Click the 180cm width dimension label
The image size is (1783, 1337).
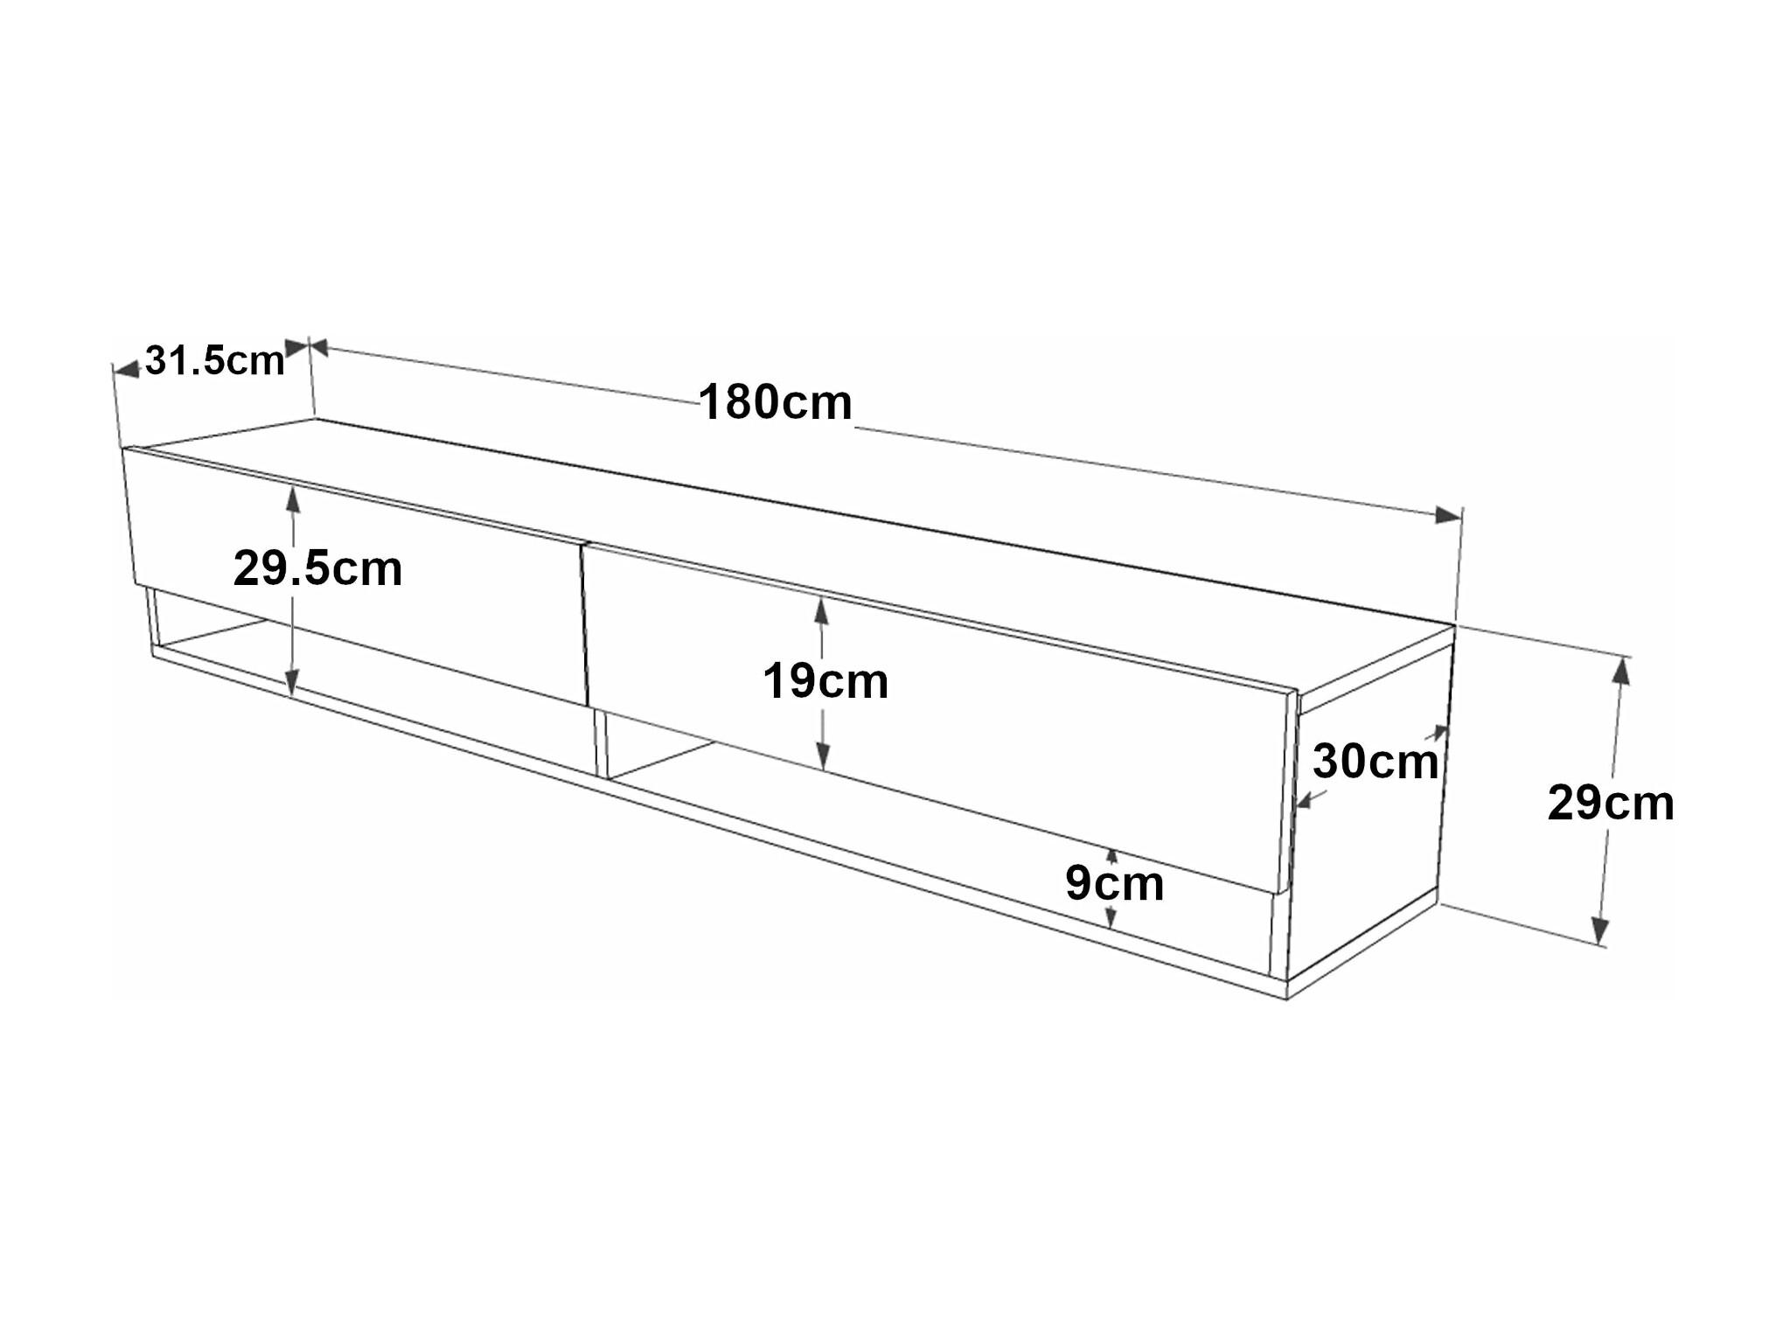click(x=775, y=402)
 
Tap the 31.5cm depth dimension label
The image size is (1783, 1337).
click(x=215, y=360)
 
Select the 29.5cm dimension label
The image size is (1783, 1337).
click(x=317, y=568)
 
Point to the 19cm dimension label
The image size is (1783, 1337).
click(x=825, y=681)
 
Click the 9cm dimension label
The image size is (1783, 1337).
click(x=1114, y=883)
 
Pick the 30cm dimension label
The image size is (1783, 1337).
click(x=1376, y=762)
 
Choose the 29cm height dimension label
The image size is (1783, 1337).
click(x=1611, y=803)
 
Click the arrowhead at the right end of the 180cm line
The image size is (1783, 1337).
click(x=1448, y=515)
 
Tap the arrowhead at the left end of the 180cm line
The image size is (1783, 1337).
click(x=319, y=348)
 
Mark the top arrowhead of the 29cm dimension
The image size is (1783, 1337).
click(x=1620, y=670)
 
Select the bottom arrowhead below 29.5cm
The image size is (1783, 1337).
click(x=292, y=682)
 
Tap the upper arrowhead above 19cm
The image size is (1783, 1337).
click(x=821, y=611)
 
